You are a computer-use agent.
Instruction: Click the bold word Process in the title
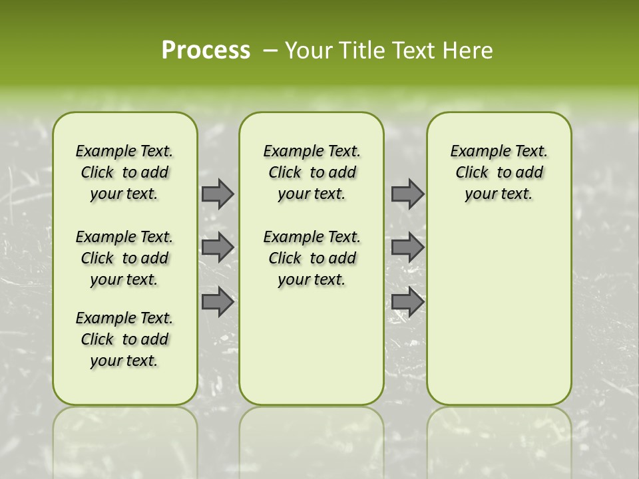[206, 51]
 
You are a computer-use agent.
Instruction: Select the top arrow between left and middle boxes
[218, 194]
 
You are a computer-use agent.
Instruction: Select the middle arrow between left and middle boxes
[218, 247]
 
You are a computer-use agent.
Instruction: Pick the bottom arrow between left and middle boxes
[218, 302]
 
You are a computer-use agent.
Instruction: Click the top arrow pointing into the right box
[407, 194]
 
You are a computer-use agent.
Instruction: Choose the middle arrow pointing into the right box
[407, 247]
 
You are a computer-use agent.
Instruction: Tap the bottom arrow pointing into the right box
[407, 302]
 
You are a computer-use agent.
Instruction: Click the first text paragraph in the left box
[124, 172]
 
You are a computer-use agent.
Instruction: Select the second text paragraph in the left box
[124, 258]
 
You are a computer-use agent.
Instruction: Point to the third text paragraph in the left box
[124, 339]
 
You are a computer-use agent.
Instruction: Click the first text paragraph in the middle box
[312, 172]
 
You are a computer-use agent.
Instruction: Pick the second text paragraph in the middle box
[312, 258]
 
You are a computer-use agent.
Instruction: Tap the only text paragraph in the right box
[499, 172]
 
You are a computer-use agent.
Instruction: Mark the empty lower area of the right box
[499, 313]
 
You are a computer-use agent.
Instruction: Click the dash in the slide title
[270, 51]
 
